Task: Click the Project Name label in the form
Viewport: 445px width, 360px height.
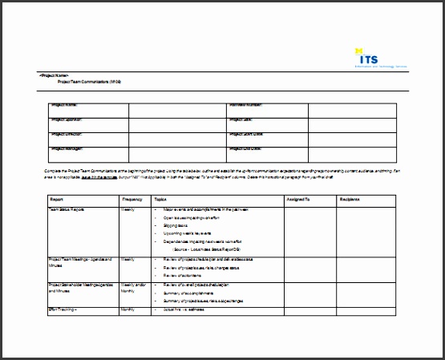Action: tap(64, 105)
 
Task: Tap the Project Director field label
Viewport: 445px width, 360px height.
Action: tap(67, 134)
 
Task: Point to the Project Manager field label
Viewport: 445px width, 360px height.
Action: tap(67, 148)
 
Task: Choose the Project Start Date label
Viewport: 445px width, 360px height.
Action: tap(246, 134)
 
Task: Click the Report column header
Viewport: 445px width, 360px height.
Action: tap(57, 199)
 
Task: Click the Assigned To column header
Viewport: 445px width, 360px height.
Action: tap(297, 199)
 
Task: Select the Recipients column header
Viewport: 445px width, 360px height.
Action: tap(349, 199)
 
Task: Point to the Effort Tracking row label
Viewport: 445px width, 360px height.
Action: tap(64, 308)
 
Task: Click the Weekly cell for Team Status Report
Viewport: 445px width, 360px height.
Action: tap(127, 208)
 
